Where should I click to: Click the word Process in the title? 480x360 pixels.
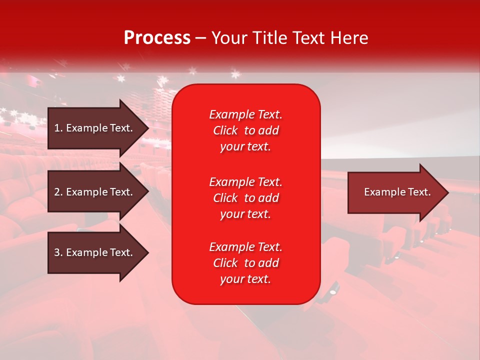tap(157, 38)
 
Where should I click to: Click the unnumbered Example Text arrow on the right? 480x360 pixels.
tap(397, 192)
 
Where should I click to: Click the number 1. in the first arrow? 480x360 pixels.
tap(58, 128)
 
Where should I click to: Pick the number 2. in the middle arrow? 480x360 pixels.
tap(58, 192)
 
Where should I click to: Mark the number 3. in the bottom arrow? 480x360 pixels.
tap(58, 252)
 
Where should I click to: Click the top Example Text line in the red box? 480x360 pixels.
tap(245, 114)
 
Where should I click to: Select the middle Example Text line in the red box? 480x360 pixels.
tap(245, 182)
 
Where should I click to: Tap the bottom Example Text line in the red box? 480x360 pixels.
tap(245, 247)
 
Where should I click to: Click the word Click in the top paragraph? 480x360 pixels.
tap(225, 130)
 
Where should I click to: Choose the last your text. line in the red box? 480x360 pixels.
tap(245, 279)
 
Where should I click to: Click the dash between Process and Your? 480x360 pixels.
tap(201, 38)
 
